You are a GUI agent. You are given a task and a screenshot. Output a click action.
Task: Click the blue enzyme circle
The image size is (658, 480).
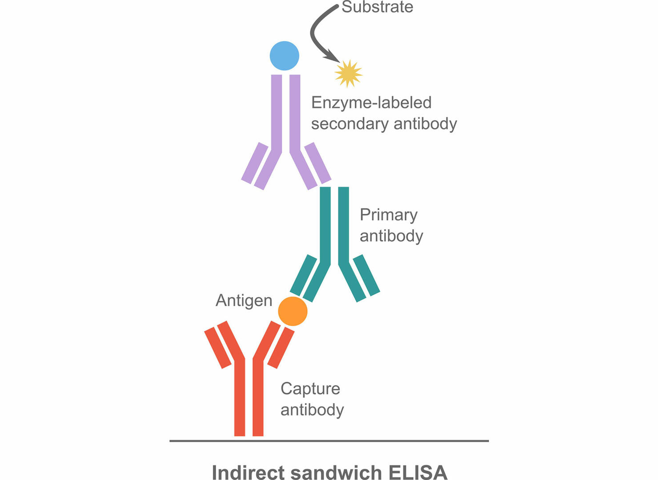pyautogui.click(x=285, y=56)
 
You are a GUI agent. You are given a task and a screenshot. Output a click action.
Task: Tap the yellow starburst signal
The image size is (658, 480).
pyautogui.click(x=348, y=73)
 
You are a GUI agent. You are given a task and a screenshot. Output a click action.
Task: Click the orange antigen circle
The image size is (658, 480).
pyautogui.click(x=293, y=311)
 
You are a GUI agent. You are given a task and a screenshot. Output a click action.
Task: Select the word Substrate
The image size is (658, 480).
pyautogui.click(x=377, y=7)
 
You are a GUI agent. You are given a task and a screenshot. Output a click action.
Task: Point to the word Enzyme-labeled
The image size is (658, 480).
pyautogui.click(x=371, y=103)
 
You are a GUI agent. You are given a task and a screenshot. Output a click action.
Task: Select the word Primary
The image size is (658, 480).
pyautogui.click(x=389, y=215)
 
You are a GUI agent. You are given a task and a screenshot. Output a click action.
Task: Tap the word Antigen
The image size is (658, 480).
pyautogui.click(x=244, y=301)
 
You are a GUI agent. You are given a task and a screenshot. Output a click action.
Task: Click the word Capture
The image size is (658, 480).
pyautogui.click(x=310, y=389)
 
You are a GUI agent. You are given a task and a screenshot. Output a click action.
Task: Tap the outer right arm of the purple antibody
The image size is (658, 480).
pyautogui.click(x=318, y=163)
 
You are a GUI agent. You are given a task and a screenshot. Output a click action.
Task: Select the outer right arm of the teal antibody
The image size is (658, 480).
pyautogui.click(x=367, y=275)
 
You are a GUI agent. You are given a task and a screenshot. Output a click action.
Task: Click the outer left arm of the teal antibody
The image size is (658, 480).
pyautogui.click(x=303, y=275)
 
